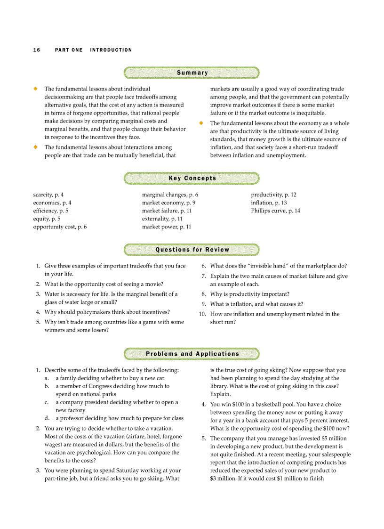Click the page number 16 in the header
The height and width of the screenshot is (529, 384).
point(37,50)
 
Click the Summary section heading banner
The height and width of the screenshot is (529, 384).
point(192,73)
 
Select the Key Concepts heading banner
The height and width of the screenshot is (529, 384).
point(192,178)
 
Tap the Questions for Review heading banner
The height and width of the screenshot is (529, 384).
point(192,250)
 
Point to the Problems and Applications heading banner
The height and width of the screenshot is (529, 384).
point(192,354)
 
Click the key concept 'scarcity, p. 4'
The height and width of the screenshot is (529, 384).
point(48,195)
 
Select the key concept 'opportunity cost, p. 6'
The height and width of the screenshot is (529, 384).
point(60,227)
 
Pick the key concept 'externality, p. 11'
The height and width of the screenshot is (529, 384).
point(162,219)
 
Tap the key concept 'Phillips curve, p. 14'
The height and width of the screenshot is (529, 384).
point(275,211)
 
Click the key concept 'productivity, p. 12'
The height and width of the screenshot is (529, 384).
point(273,195)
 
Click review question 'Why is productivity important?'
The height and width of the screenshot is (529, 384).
point(249,294)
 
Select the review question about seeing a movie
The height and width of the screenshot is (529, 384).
point(104,284)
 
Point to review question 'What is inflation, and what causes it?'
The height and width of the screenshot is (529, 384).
point(256,304)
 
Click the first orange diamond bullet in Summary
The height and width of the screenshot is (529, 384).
point(35,89)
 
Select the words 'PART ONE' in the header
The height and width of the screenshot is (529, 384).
point(69,50)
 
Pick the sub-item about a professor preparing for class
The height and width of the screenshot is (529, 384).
point(120,418)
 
